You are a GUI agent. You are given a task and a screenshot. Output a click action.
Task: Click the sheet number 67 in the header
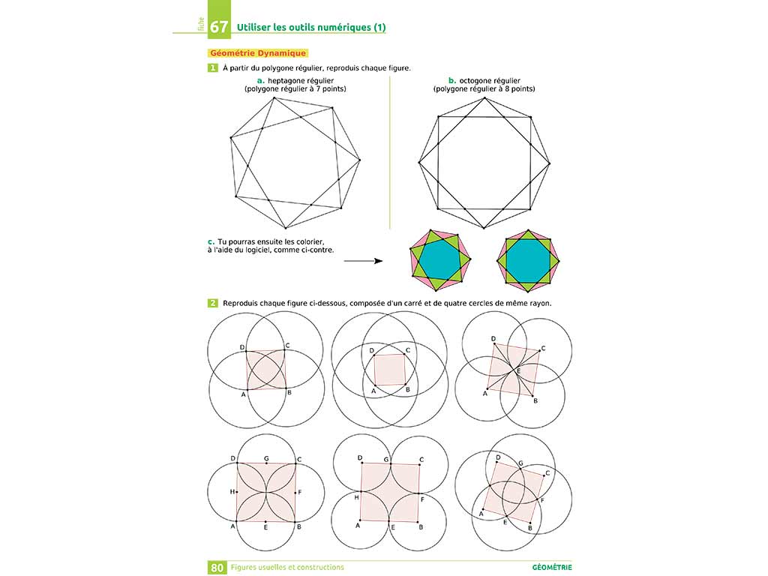point(219,27)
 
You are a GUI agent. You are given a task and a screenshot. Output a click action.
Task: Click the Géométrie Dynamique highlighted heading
point(257,53)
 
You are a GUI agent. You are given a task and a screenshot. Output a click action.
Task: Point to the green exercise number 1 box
point(214,68)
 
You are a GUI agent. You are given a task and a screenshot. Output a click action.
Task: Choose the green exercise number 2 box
point(214,303)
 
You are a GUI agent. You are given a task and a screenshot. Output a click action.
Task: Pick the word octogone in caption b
point(483,80)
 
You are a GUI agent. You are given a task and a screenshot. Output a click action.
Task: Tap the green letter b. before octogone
point(452,80)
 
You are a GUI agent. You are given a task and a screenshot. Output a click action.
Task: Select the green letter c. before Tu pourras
point(211,241)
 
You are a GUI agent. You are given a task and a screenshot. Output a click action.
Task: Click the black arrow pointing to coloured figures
point(363,261)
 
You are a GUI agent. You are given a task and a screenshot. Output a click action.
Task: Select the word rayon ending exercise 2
point(538,303)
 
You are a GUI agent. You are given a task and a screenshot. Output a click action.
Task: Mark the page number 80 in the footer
point(217,568)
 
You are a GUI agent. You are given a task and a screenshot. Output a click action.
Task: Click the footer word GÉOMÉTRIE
point(558,568)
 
